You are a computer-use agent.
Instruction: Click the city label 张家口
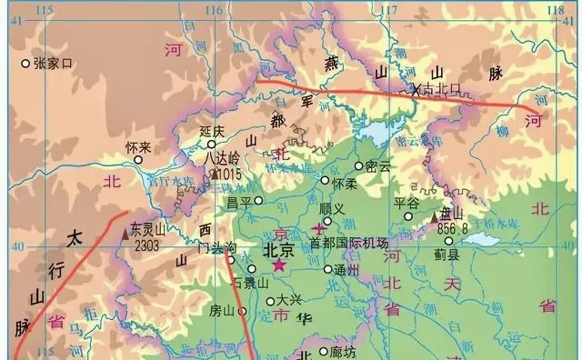pos(52,64)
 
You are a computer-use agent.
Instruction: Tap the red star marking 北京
pos(278,265)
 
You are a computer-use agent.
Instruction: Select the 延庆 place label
pos(212,131)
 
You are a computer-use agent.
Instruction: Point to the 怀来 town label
pos(138,146)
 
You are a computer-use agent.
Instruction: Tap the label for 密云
pos(377,166)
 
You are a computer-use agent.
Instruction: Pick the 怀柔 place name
pos(345,183)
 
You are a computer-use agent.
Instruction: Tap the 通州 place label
pos(346,270)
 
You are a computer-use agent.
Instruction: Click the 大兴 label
pos(288,299)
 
